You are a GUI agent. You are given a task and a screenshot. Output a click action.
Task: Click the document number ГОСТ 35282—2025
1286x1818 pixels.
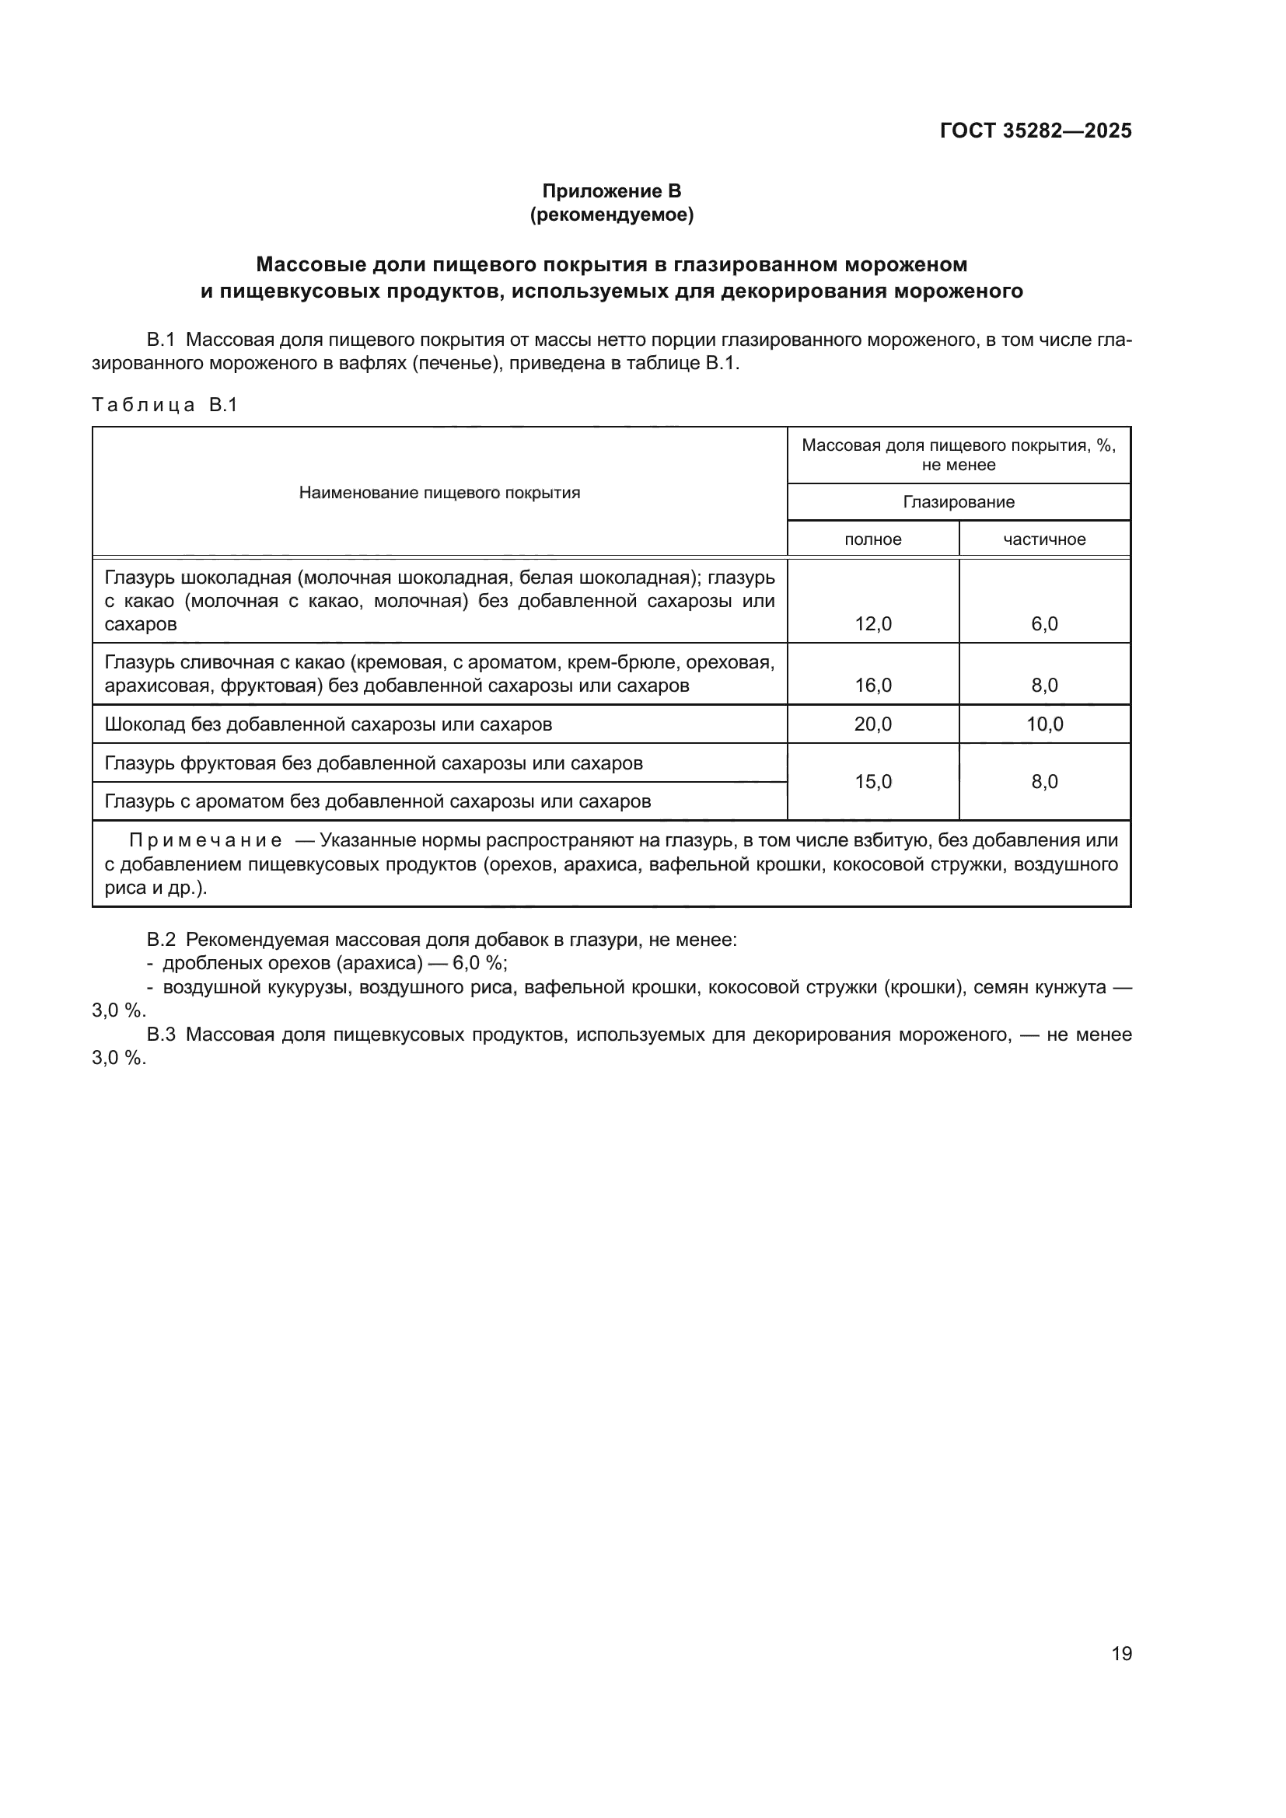(x=1035, y=131)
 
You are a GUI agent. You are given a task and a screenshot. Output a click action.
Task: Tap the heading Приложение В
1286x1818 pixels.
(x=611, y=191)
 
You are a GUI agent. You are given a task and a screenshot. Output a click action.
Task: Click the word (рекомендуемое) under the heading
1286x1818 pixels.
(x=611, y=215)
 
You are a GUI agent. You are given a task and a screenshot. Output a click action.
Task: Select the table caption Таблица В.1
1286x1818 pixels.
(x=165, y=406)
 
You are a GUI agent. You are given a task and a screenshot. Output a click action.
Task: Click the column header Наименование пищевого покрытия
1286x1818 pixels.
(x=439, y=493)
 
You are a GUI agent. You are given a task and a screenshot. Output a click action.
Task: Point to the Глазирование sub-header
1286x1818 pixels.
(x=958, y=502)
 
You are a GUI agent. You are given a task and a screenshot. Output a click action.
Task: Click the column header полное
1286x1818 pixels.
(x=872, y=539)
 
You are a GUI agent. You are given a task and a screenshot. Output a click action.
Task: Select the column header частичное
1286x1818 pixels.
(x=1043, y=539)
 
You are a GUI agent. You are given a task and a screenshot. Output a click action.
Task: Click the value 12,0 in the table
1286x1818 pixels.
(x=872, y=624)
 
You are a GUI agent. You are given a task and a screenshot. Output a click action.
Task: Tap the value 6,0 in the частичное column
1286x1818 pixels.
(x=1043, y=624)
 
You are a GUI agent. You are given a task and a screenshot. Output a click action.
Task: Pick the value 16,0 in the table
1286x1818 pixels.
(x=872, y=685)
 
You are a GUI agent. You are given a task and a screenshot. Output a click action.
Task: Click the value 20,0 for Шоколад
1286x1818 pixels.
(x=872, y=724)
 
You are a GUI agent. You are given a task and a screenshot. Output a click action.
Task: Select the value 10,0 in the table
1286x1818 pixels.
(x=1043, y=724)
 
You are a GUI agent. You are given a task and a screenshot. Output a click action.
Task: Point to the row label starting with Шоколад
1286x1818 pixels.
(x=328, y=724)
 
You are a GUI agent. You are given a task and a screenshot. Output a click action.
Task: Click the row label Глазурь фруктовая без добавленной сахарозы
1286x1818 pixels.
(x=373, y=763)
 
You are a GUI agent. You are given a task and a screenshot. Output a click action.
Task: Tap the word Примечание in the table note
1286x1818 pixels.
(x=205, y=840)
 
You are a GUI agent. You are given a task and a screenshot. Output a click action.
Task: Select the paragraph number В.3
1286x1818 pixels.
(x=161, y=1034)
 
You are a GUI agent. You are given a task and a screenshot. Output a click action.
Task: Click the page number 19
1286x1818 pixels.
(x=1121, y=1653)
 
